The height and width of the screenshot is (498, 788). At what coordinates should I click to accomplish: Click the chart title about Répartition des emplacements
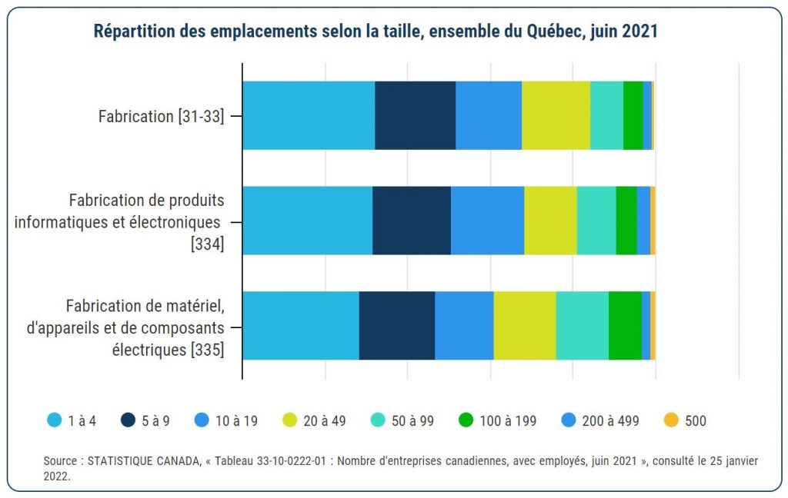click(375, 32)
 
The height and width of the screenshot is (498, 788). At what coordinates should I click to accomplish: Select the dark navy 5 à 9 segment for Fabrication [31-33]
click(416, 115)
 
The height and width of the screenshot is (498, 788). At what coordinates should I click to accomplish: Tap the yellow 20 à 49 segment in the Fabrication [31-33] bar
click(556, 115)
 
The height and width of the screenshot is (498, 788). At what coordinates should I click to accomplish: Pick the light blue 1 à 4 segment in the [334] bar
click(308, 221)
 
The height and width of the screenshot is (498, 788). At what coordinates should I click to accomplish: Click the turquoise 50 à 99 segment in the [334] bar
click(596, 221)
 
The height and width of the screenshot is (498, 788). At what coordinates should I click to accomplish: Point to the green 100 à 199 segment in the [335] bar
click(625, 325)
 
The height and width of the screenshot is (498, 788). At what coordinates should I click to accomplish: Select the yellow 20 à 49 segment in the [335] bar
click(525, 325)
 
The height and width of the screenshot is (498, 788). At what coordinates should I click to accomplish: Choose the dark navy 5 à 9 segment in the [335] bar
click(397, 325)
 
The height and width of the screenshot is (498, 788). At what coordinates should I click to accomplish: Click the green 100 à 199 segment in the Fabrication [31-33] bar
click(633, 115)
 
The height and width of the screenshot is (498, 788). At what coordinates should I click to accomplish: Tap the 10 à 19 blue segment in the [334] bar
click(487, 221)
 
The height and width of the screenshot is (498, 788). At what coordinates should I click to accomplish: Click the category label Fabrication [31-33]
click(162, 117)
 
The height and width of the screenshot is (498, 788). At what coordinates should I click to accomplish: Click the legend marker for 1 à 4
click(55, 420)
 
